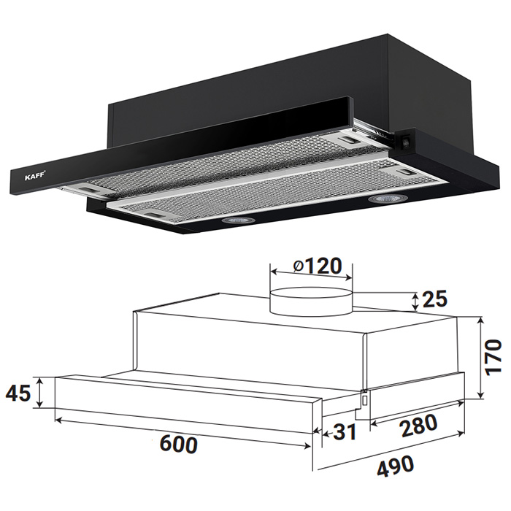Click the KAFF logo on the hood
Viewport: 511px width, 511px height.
point(35,177)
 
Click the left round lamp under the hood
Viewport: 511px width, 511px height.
point(237,220)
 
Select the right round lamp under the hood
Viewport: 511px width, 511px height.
point(387,198)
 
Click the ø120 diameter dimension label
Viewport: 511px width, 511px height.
point(317,266)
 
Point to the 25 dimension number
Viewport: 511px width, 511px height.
point(434,299)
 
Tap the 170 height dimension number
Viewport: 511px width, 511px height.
point(492,358)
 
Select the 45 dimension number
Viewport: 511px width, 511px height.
point(18,393)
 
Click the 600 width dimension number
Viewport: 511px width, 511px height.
point(179,444)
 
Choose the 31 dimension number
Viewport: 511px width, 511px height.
point(345,432)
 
